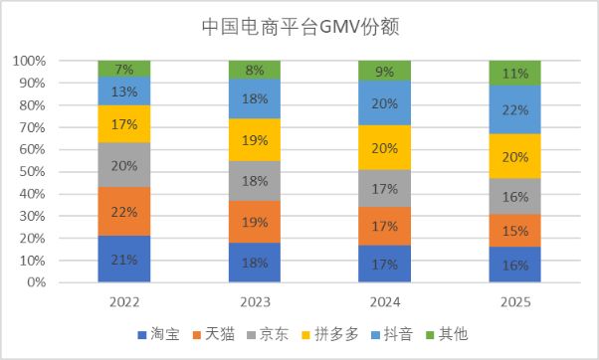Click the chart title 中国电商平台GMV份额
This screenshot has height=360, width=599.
coord(299,26)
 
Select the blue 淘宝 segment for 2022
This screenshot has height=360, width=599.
coord(124,260)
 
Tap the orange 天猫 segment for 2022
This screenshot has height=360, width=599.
coord(124,212)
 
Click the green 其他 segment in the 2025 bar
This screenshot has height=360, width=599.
coord(514,73)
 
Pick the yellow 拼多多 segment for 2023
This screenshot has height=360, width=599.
coord(255,140)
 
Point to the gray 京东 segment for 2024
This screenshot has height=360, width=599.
coord(384,188)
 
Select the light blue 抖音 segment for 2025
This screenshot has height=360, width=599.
coord(514,109)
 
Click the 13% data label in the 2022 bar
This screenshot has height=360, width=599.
coord(124,91)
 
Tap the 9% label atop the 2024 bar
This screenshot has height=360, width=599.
coord(384,71)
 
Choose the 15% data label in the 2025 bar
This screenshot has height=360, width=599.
coord(514,231)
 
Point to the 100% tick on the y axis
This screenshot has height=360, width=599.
coord(30,61)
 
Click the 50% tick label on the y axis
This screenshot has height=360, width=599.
coord(33,171)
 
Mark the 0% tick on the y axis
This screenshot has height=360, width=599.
coord(37,282)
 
